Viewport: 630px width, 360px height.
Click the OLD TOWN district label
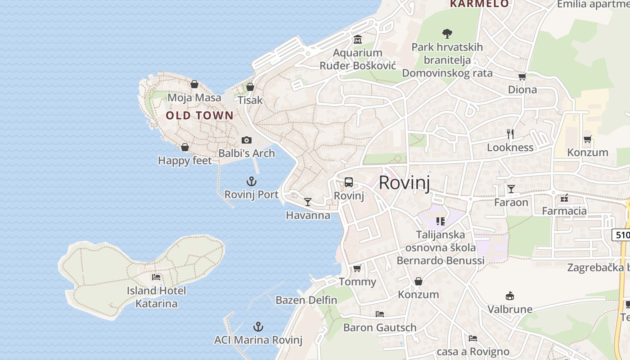tap(199, 116)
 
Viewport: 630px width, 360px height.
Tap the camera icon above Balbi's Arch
tap(246, 140)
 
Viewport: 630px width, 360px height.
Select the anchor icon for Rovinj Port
tap(252, 181)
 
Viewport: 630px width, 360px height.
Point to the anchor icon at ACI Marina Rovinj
tap(258, 327)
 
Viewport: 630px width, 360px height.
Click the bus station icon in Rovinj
tap(349, 182)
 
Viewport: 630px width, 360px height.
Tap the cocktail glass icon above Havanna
tap(308, 202)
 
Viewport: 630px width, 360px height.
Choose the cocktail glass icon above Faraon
tap(511, 189)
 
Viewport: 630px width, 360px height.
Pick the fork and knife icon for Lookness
tap(510, 134)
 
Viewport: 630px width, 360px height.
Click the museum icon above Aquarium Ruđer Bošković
tap(358, 40)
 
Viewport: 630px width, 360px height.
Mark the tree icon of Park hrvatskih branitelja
tap(447, 33)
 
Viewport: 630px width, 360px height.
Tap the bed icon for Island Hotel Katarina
tap(156, 277)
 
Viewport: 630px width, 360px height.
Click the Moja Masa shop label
tap(194, 98)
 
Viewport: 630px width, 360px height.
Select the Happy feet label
tap(184, 161)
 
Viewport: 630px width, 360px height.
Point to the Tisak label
tap(250, 100)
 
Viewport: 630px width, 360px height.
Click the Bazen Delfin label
tap(306, 300)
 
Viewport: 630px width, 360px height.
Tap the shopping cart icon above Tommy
tap(357, 268)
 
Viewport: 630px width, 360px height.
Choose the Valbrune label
tap(510, 309)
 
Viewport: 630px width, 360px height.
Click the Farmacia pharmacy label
tap(564, 211)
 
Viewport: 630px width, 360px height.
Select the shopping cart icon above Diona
tap(522, 76)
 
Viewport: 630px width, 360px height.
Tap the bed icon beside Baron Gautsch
tap(380, 314)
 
